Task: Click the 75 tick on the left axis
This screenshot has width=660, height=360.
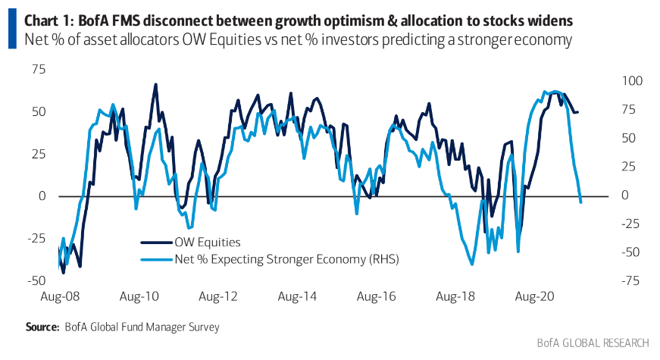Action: (x=38, y=69)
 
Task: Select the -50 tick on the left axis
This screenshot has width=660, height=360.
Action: (x=35, y=280)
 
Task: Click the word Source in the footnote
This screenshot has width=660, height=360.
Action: (x=42, y=327)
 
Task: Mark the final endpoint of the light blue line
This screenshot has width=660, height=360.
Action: (x=580, y=202)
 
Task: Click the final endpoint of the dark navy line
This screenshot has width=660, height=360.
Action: (x=578, y=112)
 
